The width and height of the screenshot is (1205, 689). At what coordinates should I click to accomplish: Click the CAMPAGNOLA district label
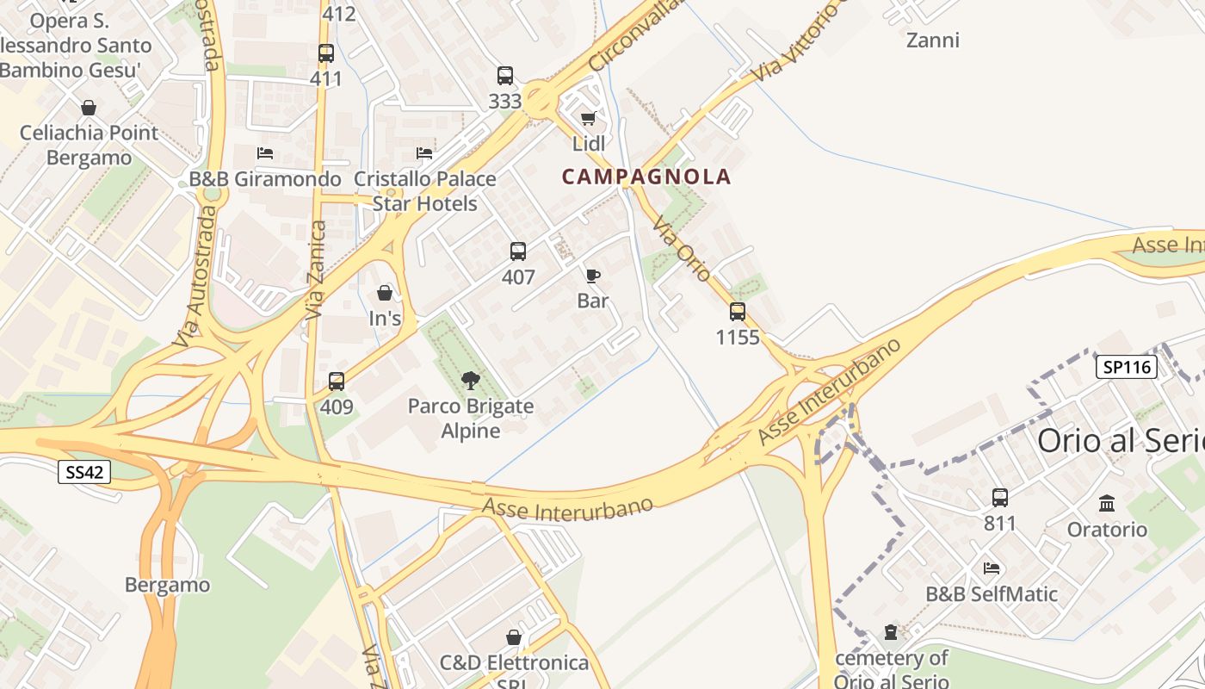point(646,177)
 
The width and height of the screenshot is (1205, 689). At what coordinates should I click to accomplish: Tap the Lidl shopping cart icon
point(589,118)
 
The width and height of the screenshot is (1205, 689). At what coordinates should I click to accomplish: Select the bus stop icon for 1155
point(738,312)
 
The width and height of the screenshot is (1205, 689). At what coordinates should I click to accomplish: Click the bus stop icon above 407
point(518,251)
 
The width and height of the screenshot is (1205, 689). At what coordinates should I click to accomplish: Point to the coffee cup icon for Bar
point(593,276)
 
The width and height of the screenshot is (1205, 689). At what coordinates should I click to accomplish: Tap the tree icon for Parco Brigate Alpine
point(470,380)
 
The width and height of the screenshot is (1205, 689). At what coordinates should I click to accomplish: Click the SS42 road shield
point(84,471)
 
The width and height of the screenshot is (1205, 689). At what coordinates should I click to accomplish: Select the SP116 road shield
point(1126,367)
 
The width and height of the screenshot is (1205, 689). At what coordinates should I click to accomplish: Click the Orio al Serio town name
point(1120,440)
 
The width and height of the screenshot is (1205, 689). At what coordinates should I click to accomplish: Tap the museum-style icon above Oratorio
point(1107,503)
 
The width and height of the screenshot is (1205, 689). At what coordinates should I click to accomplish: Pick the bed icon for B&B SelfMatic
point(992,568)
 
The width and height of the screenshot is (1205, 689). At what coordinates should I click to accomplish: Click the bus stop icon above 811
point(1000,498)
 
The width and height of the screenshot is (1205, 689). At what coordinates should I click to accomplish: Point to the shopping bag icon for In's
point(385,293)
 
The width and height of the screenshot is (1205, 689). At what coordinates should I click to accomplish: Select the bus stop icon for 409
point(337,381)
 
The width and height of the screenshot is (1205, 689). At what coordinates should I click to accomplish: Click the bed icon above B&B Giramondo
point(265,153)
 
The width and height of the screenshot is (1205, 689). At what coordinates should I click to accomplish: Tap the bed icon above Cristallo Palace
point(424,153)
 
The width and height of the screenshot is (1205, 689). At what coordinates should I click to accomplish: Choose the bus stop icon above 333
point(505,76)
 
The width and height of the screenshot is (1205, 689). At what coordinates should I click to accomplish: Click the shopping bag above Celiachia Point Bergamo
point(88,108)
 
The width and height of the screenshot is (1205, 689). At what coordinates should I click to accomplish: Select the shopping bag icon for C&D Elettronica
point(514,637)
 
